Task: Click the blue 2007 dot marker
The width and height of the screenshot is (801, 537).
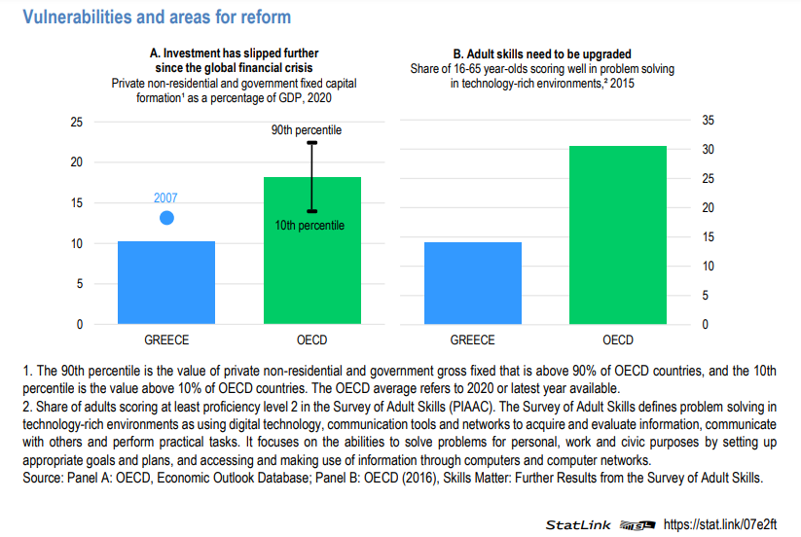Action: (x=166, y=217)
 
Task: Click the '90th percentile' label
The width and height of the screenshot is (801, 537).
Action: (x=307, y=129)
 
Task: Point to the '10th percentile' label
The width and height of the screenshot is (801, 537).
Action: (x=310, y=226)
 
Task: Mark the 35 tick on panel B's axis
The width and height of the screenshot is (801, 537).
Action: (x=708, y=120)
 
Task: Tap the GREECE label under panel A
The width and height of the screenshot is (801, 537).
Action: (x=166, y=340)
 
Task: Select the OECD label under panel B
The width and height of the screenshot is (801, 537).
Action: (x=618, y=340)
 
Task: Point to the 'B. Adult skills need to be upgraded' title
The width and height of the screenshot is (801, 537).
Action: (x=542, y=54)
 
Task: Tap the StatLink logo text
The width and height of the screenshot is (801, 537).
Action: (x=578, y=524)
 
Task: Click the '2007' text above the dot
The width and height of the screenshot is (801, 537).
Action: (x=166, y=197)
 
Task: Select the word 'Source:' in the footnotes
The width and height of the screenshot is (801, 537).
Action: (x=43, y=478)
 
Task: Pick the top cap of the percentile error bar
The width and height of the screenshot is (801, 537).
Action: (x=312, y=143)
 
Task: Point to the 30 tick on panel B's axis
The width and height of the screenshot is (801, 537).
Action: (x=708, y=149)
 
